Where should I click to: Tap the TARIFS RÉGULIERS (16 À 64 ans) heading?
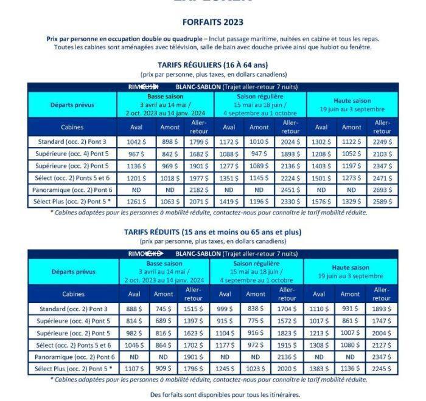[x=212, y=65]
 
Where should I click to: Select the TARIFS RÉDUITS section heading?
[x=212, y=231]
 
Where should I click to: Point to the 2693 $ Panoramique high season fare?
[x=382, y=190]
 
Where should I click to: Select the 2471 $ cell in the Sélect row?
[x=382, y=178]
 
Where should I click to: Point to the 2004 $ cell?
[x=382, y=332]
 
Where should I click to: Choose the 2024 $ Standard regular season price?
[x=290, y=142]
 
